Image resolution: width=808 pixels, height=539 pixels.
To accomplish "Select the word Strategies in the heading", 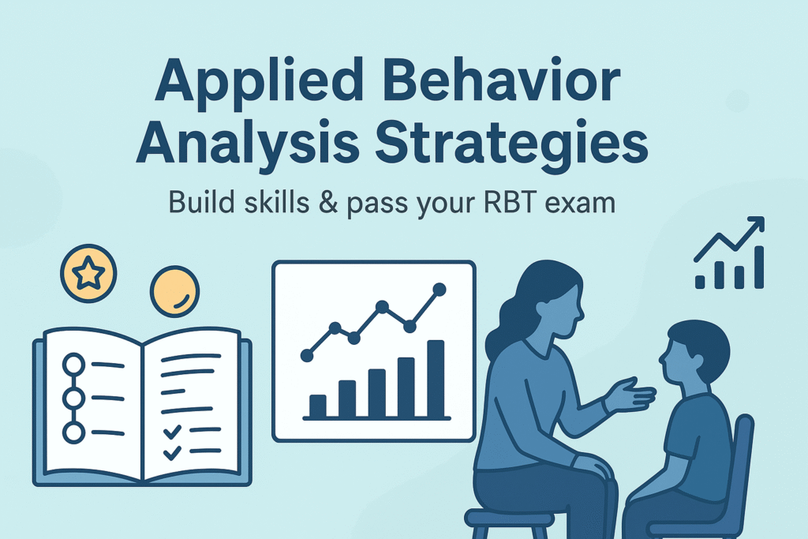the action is [x=511, y=144].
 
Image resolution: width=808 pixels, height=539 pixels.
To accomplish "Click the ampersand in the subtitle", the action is [x=327, y=202].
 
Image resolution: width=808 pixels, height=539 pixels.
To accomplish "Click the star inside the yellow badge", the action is [x=88, y=273].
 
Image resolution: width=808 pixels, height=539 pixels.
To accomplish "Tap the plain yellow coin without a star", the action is [x=174, y=291].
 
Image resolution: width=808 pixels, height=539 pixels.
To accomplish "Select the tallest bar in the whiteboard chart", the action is [x=436, y=379].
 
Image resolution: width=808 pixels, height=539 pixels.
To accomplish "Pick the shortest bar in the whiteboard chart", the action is [x=317, y=406].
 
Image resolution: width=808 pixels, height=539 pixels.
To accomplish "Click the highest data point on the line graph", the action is [x=439, y=290].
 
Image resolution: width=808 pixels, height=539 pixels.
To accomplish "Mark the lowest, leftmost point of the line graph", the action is [x=307, y=356].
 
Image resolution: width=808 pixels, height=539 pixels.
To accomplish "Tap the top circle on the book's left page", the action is [x=73, y=365].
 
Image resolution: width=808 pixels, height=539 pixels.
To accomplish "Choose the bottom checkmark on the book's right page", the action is [x=171, y=452].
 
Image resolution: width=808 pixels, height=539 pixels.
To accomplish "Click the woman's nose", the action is [x=581, y=312].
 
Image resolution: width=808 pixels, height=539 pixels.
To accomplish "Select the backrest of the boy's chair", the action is [x=743, y=464].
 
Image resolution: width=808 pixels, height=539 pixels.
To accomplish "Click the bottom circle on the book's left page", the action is [x=73, y=432].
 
